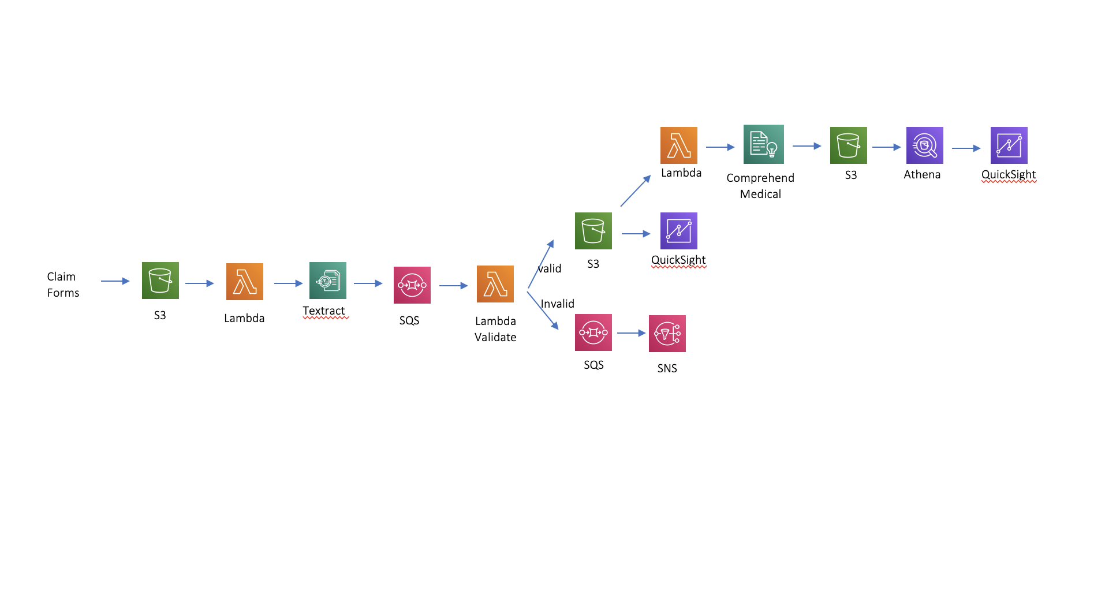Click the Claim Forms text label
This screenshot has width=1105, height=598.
(63, 285)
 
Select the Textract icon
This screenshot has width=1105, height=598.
(327, 281)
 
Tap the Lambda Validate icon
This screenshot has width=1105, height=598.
(495, 284)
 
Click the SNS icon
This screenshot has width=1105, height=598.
(667, 334)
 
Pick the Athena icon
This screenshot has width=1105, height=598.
(924, 145)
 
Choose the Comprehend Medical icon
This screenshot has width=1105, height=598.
(763, 144)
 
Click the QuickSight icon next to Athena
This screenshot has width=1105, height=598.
(1009, 145)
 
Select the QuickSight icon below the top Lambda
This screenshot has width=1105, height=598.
(678, 231)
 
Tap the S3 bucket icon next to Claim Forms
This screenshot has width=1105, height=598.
(160, 281)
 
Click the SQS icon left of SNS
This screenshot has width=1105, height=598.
(593, 332)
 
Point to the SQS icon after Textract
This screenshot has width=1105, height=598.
(412, 285)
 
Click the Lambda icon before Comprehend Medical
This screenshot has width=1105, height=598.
(678, 145)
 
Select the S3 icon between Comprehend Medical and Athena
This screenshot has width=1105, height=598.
(848, 145)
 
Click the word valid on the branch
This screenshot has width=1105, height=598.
(550, 268)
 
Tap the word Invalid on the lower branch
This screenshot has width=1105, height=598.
(557, 304)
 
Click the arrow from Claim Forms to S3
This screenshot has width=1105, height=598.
(115, 281)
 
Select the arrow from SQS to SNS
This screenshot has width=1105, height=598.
(630, 333)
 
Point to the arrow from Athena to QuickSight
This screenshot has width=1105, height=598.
(966, 148)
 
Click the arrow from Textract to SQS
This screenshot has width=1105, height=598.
(368, 283)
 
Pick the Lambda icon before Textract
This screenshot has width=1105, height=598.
(244, 282)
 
